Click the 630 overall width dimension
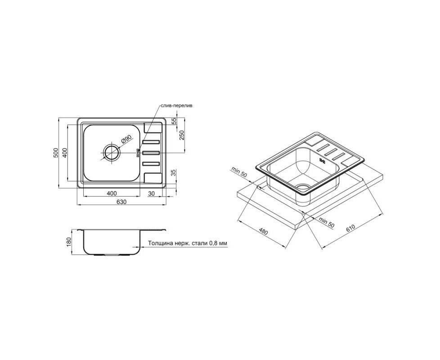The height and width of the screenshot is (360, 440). (121, 202)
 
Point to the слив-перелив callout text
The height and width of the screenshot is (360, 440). (176, 106)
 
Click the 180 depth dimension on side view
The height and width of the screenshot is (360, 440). (70, 242)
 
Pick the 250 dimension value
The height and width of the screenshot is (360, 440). (182, 135)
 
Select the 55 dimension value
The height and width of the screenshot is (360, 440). (174, 121)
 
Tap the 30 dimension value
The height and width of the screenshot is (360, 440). (151, 193)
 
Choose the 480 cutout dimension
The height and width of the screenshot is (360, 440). (263, 232)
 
